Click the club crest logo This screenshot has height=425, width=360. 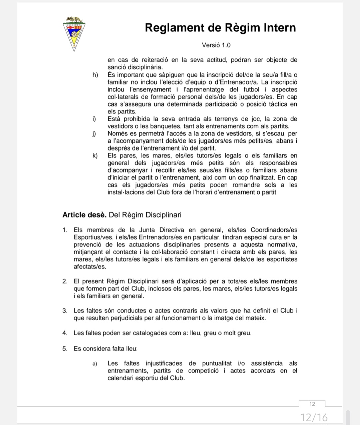pos(74,33)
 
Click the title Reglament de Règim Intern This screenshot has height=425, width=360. pos(220,27)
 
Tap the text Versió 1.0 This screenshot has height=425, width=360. pos(216,45)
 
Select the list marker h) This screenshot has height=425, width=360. pos(95,75)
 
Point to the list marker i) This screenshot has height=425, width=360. pos(94,119)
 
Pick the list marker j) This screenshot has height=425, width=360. pos(94,133)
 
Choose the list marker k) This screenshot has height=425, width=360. pos(95,155)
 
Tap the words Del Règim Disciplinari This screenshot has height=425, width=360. pos(145,215)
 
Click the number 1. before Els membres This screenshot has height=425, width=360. pos(65,230)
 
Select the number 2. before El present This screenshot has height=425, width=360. pos(65,281)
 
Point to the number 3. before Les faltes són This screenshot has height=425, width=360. pos(65,311)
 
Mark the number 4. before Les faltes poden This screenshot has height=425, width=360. pos(65,333)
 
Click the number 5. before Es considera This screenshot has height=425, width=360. pos(65,349)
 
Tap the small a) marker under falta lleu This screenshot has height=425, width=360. pos(95,363)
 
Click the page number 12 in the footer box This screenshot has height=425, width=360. pos(312,404)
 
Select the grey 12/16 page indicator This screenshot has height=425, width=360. pos(314,417)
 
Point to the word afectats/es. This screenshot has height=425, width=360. pos(90,267)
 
